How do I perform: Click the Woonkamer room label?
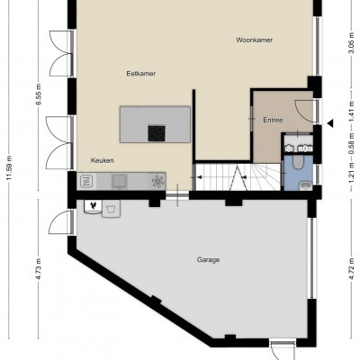coord(254,40)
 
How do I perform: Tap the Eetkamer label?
coord(141,74)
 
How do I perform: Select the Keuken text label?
coord(103,160)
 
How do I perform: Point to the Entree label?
coord(273,120)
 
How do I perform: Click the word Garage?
coord(208,259)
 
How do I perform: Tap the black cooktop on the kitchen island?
coord(157,133)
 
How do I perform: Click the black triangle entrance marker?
coord(330,123)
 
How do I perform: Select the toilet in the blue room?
coord(298,162)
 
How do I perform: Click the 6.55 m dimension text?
coord(38,94)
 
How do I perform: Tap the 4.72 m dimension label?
coord(352,270)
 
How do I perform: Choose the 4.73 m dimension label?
coord(38,269)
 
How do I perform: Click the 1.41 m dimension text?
coord(352,111)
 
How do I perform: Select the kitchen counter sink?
coord(120,181)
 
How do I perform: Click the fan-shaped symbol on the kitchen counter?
coord(158,182)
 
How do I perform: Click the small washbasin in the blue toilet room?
coord(306,186)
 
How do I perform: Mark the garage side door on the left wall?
coord(60,222)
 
